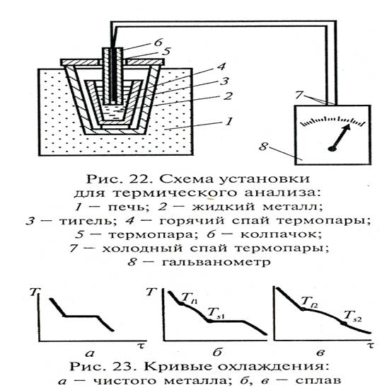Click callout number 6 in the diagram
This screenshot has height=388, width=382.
pyautogui.click(x=158, y=42)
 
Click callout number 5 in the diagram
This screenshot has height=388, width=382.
pyautogui.click(x=167, y=51)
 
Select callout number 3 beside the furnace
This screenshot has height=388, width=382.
pyautogui.click(x=224, y=81)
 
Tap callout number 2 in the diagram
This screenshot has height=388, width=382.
pyautogui.click(x=228, y=96)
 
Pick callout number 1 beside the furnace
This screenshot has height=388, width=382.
pyautogui.click(x=229, y=121)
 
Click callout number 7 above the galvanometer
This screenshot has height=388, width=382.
pyautogui.click(x=299, y=95)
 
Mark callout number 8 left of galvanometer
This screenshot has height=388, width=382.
pyautogui.click(x=264, y=147)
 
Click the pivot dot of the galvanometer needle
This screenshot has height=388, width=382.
pyautogui.click(x=332, y=149)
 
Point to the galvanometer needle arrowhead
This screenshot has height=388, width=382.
pyautogui.click(x=347, y=127)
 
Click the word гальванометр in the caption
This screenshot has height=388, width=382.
pyautogui.click(x=216, y=261)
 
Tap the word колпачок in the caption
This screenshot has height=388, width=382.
pyautogui.click(x=281, y=234)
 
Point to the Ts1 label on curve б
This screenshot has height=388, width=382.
pyautogui.click(x=216, y=313)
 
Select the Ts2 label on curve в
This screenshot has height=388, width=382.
pyautogui.click(x=353, y=316)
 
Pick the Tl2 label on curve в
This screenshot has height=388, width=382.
pyautogui.click(x=309, y=302)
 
